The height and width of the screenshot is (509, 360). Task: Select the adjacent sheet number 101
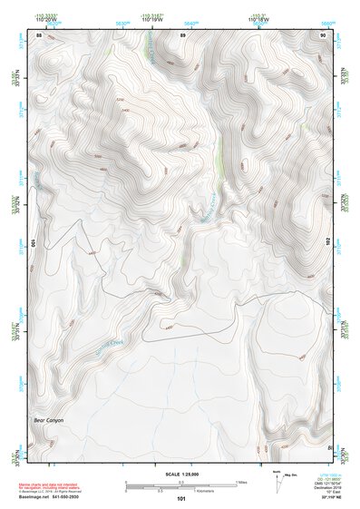coord(181,498)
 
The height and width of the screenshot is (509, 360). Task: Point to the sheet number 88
coord(39,34)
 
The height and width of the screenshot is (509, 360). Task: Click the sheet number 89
coord(182,34)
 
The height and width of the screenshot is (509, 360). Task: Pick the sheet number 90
coord(323,34)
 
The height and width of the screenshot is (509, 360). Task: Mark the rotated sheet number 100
coord(34,242)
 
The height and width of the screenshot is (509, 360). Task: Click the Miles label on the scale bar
coord(241,482)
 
